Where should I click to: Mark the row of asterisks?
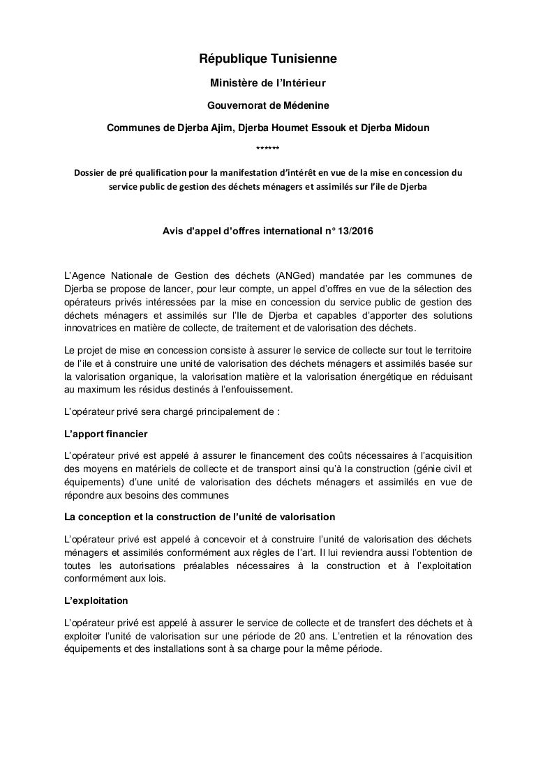[x=268, y=149]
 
